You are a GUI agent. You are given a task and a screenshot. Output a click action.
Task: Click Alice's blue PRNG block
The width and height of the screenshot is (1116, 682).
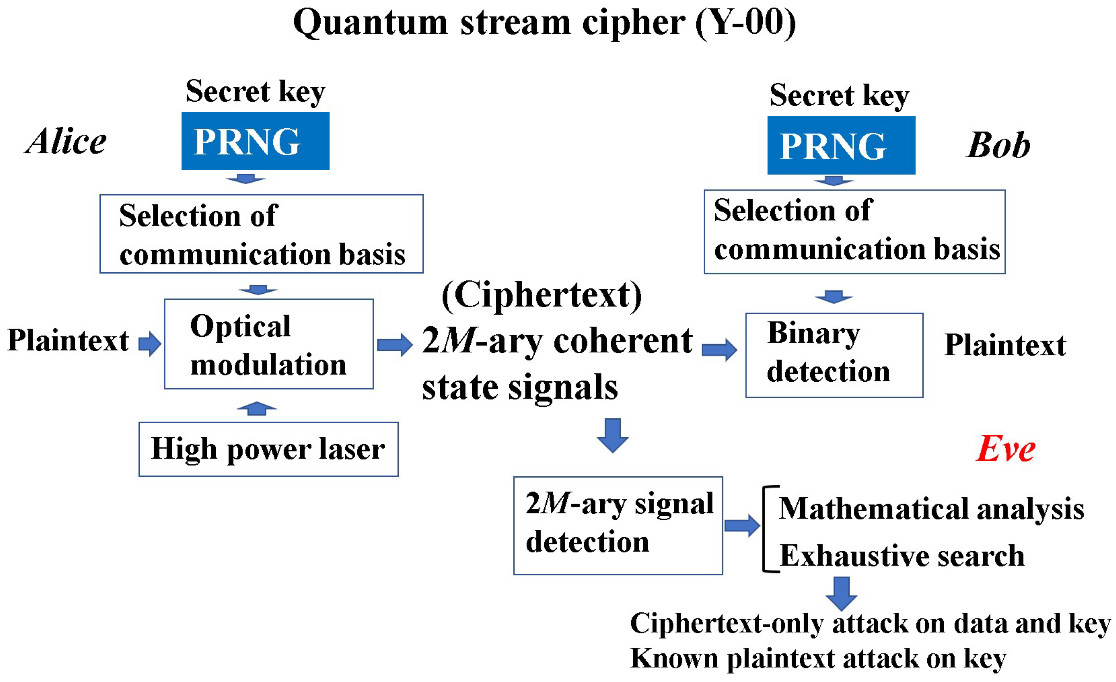coord(255,141)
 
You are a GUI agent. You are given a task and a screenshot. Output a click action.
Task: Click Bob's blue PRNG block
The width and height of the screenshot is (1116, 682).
coord(841,146)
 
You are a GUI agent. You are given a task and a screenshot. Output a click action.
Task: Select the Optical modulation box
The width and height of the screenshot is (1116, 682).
coord(268,344)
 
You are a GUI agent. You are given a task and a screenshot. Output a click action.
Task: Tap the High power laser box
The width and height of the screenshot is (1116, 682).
coord(268,449)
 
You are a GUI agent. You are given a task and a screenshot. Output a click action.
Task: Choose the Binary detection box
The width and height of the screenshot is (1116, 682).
coord(834,355)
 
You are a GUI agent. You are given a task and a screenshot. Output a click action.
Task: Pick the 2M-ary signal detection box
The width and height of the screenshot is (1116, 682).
coord(618,525)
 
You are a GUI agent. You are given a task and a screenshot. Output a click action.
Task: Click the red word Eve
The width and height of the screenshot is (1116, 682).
coord(1005,449)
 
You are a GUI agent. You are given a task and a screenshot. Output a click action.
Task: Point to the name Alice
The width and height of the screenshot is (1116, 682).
coord(66,141)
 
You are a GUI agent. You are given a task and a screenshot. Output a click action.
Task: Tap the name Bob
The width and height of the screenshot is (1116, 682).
coord(998,146)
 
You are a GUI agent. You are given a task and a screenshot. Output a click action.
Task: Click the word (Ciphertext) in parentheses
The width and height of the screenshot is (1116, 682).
coord(542,295)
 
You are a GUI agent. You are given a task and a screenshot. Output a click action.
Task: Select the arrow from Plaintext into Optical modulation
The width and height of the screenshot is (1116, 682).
coord(150,344)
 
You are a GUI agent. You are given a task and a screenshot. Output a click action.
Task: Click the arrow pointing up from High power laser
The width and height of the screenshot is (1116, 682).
coord(256,408)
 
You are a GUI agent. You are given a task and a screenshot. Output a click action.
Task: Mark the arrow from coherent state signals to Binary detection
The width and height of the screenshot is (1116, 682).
coord(719,349)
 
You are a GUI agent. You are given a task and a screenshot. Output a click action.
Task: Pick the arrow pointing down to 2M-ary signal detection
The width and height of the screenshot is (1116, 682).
coord(612,436)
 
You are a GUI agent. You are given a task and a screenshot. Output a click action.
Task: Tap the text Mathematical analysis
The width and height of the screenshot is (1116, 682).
coord(931,508)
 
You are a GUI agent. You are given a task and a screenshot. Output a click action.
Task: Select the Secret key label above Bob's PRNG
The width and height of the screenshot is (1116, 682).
coord(839,95)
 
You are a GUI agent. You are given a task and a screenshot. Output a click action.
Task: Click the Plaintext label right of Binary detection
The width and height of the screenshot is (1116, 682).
coord(1005,345)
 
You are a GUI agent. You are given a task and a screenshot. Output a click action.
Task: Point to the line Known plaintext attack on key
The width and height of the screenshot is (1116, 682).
coord(818,658)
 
